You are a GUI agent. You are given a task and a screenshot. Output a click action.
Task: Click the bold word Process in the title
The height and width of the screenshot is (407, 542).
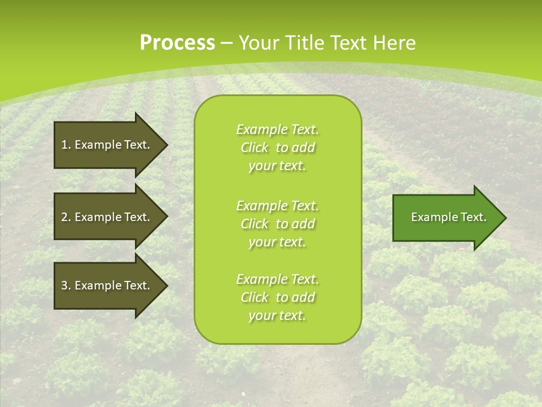click(x=177, y=43)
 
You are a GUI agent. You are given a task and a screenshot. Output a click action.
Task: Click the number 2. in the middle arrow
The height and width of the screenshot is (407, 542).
click(x=66, y=217)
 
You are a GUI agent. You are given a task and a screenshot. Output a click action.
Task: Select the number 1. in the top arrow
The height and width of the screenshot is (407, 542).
click(x=66, y=145)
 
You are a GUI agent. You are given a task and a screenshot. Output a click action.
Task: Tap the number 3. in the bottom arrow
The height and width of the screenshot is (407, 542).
click(x=66, y=285)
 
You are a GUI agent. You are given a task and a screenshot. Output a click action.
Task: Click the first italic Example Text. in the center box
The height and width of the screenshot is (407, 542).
click(x=277, y=129)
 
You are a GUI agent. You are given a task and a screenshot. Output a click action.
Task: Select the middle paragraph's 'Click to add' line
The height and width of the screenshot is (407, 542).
click(x=277, y=224)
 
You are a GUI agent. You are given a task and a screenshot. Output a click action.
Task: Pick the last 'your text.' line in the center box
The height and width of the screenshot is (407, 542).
click(x=277, y=315)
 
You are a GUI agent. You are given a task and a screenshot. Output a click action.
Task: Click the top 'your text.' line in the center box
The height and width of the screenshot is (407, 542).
click(x=277, y=166)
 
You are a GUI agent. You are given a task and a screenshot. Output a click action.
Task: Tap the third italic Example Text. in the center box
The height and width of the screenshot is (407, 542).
click(x=277, y=279)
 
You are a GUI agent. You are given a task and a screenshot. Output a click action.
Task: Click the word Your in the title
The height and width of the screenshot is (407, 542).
click(x=257, y=43)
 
